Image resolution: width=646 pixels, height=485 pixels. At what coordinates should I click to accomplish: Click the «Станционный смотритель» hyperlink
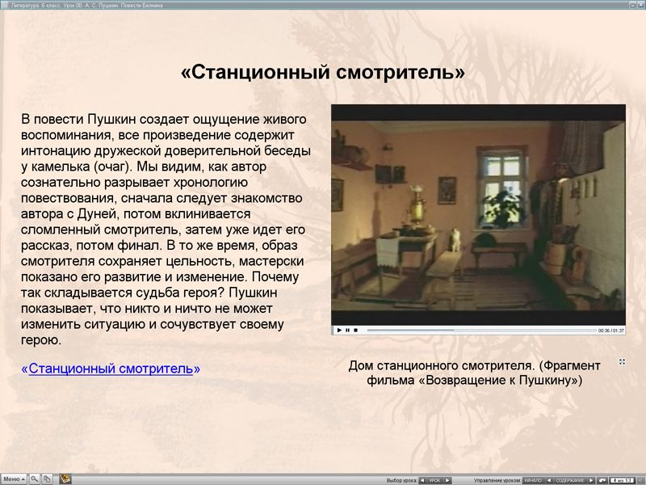(111, 369)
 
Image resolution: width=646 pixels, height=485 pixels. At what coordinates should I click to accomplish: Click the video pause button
(347, 330)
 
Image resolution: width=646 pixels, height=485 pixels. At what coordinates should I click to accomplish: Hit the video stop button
(356, 330)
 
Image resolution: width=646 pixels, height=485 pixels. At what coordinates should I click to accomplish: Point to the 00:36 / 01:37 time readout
(610, 330)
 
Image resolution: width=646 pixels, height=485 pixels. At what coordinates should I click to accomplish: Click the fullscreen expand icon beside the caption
(622, 361)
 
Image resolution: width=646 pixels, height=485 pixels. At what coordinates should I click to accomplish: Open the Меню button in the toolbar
(14, 479)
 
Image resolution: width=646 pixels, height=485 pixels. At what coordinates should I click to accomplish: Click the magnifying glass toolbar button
(35, 479)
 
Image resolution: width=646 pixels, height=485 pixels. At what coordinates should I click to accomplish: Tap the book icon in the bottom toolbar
(65, 479)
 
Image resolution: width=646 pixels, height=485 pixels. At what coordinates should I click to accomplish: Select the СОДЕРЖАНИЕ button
(570, 480)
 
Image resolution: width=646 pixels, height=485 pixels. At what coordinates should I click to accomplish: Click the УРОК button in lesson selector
(434, 480)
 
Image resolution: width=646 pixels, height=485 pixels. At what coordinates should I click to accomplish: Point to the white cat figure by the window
(456, 237)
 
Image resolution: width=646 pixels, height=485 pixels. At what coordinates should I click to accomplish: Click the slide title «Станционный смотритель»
(323, 73)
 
